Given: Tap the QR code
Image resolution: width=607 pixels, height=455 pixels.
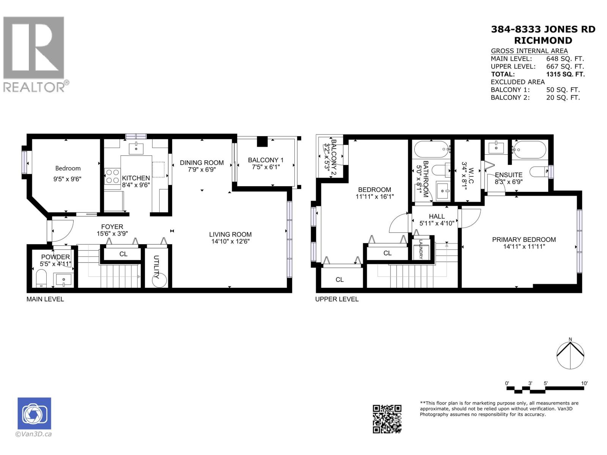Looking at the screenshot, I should pyautogui.click(x=387, y=419).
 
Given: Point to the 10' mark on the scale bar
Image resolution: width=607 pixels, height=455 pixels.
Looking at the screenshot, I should pyautogui.click(x=584, y=384).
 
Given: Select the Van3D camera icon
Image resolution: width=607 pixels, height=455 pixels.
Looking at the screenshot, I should pyautogui.click(x=34, y=414).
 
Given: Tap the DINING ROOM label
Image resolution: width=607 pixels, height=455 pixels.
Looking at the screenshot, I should pyautogui.click(x=201, y=163).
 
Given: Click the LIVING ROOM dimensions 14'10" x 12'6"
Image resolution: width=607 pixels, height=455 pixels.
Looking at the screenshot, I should pyautogui.click(x=230, y=242).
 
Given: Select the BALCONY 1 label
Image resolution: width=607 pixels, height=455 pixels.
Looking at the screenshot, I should pyautogui.click(x=266, y=160).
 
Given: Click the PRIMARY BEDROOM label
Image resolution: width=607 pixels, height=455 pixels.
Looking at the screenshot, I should pyautogui.click(x=524, y=240).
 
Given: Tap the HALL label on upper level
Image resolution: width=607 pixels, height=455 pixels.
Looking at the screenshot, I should pyautogui.click(x=437, y=217).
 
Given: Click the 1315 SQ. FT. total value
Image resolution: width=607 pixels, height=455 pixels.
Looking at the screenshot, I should pyautogui.click(x=565, y=74).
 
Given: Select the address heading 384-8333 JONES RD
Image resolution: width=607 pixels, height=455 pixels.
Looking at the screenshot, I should pyautogui.click(x=543, y=30).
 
